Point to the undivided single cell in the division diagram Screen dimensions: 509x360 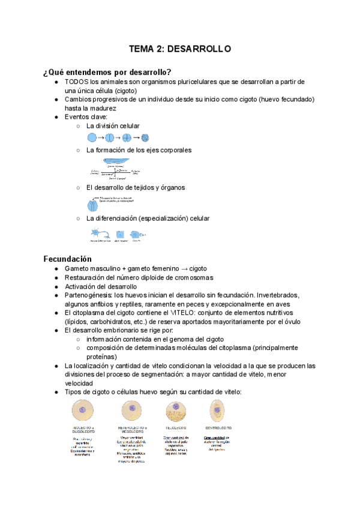(91, 138)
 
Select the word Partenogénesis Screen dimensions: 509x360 (88, 295)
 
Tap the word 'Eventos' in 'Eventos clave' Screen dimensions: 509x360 (78, 117)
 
